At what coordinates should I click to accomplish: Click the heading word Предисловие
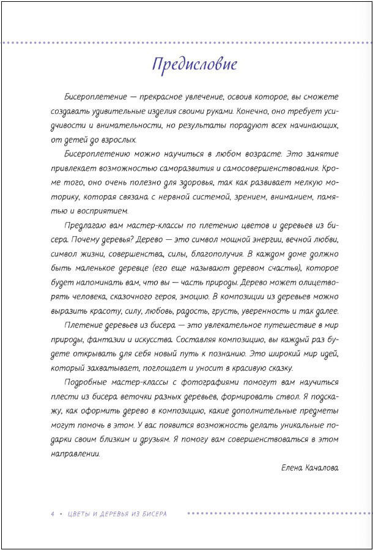coord(194,64)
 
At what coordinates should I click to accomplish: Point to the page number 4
coord(53,514)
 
